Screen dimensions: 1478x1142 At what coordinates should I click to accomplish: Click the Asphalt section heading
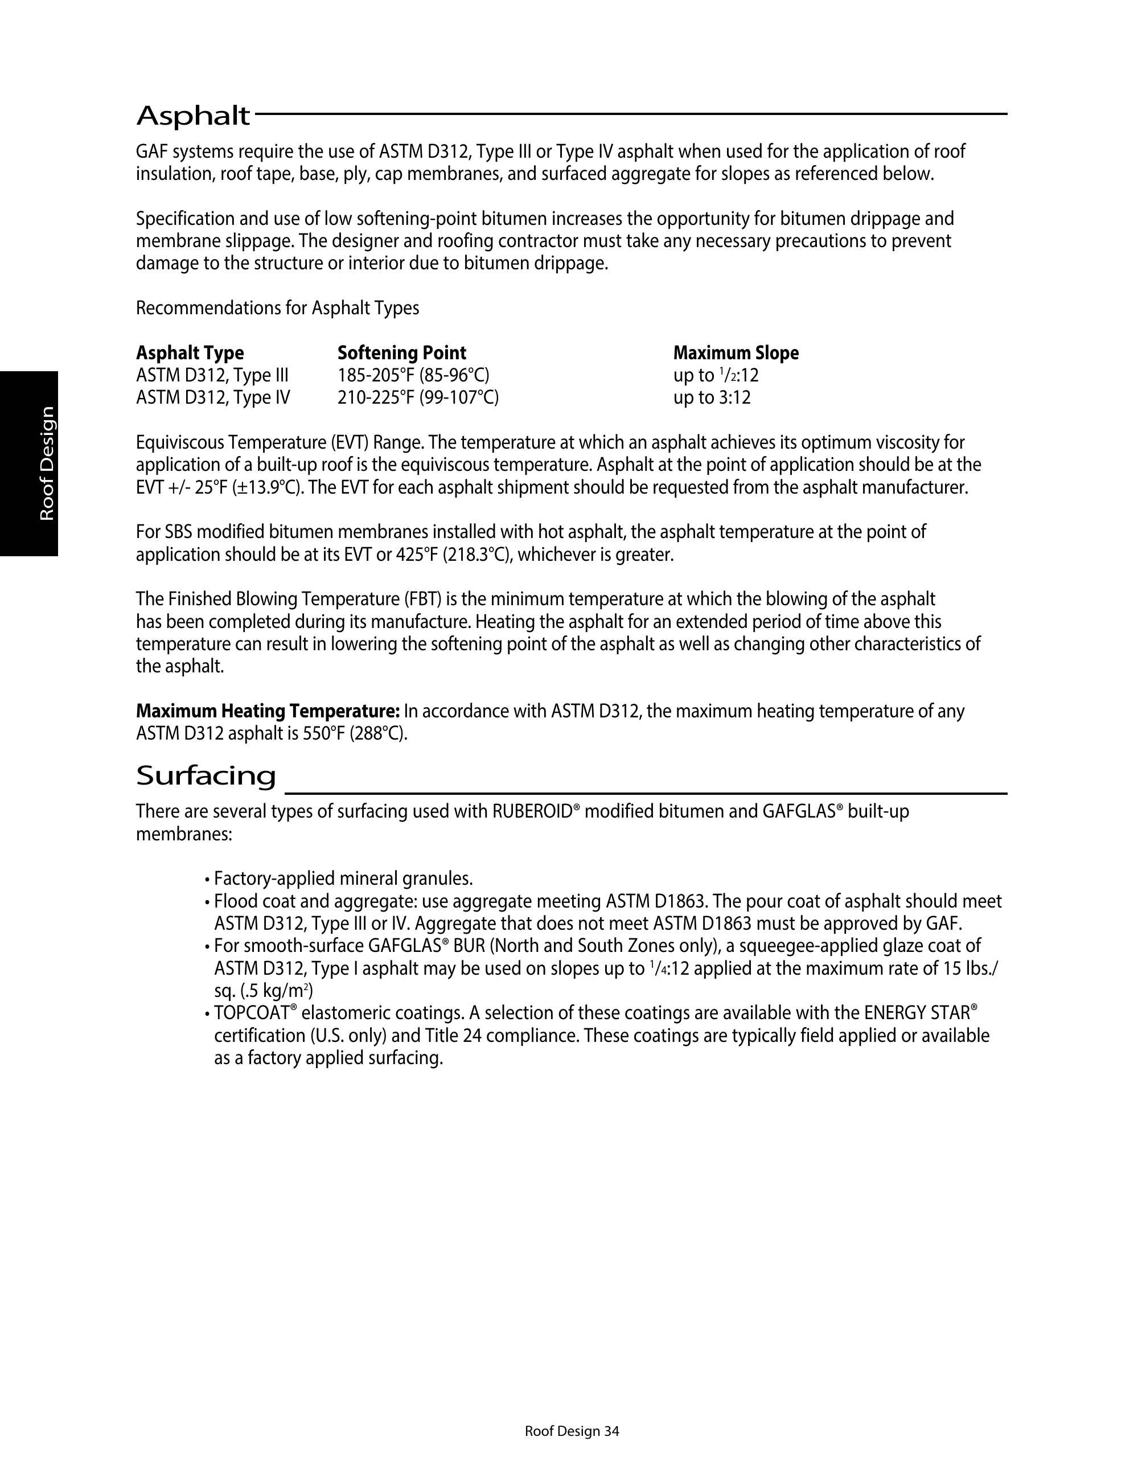click(193, 116)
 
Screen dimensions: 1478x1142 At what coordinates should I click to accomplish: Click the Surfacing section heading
click(206, 775)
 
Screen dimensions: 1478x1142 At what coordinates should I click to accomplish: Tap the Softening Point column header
click(402, 352)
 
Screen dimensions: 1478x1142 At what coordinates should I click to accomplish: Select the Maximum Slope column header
click(736, 352)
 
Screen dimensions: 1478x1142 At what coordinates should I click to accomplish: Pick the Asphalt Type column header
click(190, 352)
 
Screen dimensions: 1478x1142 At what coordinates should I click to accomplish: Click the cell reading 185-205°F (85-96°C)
click(413, 375)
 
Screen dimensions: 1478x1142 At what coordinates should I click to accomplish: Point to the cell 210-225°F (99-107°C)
click(417, 397)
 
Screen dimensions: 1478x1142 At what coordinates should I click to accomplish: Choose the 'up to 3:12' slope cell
click(712, 397)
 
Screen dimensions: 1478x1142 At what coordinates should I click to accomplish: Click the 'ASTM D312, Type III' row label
click(212, 375)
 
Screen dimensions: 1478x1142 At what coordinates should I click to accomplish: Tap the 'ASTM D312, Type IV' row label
click(212, 397)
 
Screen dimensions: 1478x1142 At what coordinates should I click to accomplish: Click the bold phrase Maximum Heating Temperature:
click(268, 711)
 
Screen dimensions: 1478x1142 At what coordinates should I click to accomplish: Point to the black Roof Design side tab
click(29, 463)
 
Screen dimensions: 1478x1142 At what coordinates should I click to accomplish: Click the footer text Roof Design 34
click(572, 1431)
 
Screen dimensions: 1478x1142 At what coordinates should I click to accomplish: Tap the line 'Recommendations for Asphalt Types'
click(277, 308)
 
